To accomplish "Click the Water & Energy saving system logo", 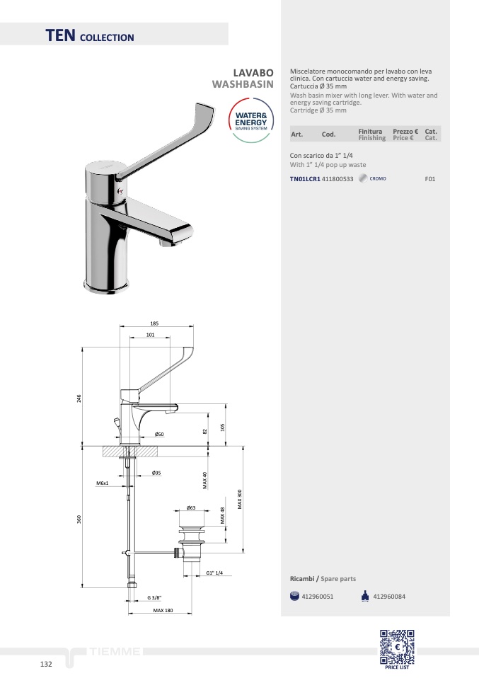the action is click(251, 120).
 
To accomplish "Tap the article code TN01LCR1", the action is click(305, 179).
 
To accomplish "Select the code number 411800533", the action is click(337, 179).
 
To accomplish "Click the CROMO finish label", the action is click(378, 178).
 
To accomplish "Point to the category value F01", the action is click(429, 179).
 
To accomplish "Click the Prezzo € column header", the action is click(405, 132).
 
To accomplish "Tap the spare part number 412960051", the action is click(317, 597).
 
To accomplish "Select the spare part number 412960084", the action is click(389, 597).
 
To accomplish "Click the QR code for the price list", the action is click(397, 647).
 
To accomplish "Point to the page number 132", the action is click(46, 664).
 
